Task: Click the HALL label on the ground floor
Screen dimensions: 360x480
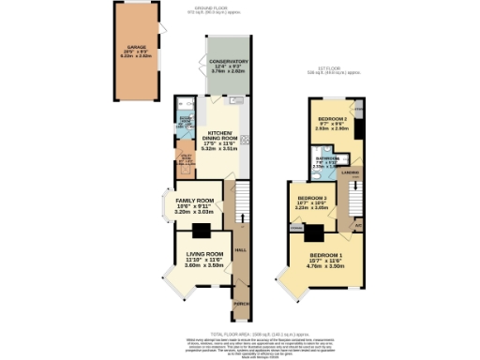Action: pyautogui.click(x=241, y=249)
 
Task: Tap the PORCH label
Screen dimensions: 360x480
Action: pyautogui.click(x=241, y=305)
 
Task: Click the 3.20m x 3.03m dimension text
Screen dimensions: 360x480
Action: pyautogui.click(x=194, y=213)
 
